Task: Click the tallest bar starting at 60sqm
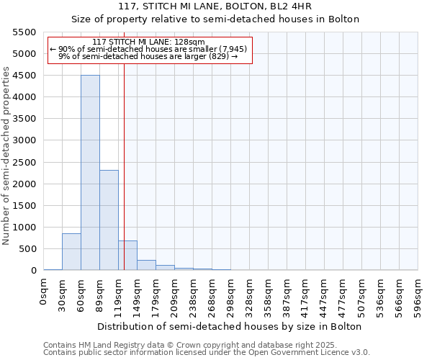tap(90, 173)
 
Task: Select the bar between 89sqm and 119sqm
tap(109, 220)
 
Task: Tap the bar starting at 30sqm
tap(71, 252)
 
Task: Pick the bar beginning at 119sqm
tap(127, 256)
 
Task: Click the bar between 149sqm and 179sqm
tap(146, 265)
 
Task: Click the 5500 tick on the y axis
tap(24, 32)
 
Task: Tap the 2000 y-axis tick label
tap(24, 184)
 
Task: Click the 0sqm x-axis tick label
tap(44, 291)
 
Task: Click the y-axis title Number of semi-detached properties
tap(6, 156)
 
